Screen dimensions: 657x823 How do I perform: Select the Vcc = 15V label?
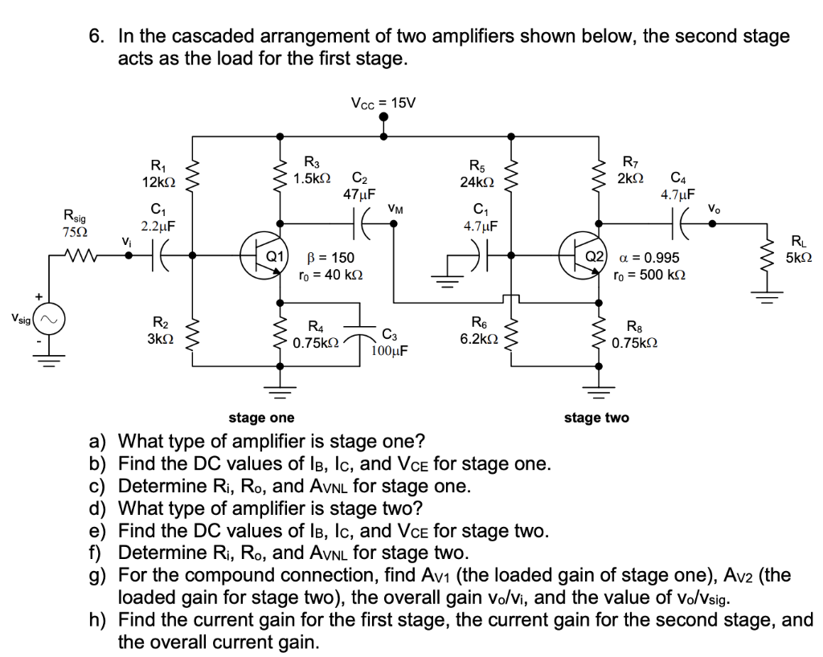point(384,103)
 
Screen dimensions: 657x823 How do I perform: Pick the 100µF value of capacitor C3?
point(391,350)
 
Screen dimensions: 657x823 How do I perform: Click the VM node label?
point(396,208)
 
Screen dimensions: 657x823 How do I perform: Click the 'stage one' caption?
point(261,417)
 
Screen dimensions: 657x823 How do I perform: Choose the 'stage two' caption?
point(596,417)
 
